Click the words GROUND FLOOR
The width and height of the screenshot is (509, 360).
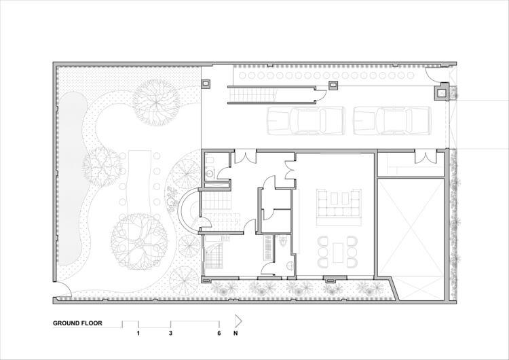[77, 323]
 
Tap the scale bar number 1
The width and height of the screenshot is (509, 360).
[138, 334]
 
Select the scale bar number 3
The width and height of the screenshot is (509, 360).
[171, 334]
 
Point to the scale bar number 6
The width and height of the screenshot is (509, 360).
[219, 334]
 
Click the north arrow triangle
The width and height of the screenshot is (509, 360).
[238, 321]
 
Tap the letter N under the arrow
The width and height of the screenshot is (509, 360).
[235, 334]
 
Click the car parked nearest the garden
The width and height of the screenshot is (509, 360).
[306, 120]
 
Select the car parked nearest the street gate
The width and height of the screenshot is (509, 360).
[392, 120]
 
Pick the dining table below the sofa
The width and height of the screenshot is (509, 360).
[338, 253]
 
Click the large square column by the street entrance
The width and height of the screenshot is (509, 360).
[442, 93]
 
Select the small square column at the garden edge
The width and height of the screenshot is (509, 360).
[206, 84]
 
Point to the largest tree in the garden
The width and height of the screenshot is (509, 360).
[139, 241]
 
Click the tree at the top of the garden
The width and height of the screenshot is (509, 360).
[157, 103]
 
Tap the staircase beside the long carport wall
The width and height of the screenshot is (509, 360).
[252, 96]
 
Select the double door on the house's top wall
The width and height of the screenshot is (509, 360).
[246, 156]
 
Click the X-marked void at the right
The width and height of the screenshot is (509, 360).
[411, 239]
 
